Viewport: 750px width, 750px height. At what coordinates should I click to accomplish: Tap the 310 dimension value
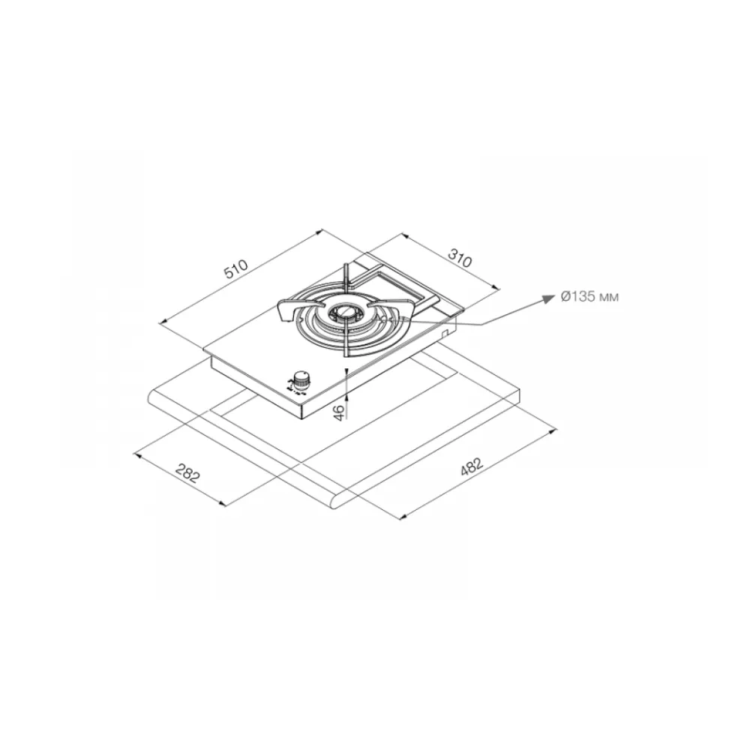pos(460,258)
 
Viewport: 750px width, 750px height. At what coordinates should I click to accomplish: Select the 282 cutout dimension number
pos(186,472)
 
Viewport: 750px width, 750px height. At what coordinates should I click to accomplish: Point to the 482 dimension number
pos(472,467)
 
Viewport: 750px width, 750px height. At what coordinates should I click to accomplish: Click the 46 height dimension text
pos(338,412)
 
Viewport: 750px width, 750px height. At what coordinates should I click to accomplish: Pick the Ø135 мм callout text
pos(589,297)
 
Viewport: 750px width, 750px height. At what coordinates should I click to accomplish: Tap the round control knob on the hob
pos(301,379)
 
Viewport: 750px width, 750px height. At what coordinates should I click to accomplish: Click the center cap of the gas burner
pos(343,312)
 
